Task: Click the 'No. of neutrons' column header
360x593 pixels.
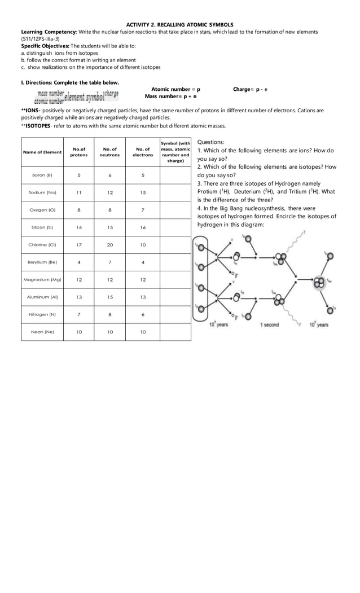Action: click(x=109, y=152)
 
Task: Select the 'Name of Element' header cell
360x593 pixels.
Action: click(x=42, y=152)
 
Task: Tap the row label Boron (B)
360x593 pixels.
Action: click(x=42, y=175)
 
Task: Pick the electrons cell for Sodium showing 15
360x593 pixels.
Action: click(x=143, y=192)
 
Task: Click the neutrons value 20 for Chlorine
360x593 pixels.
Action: click(x=109, y=245)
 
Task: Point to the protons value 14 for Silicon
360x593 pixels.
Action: click(x=78, y=227)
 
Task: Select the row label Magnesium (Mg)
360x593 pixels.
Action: click(x=42, y=279)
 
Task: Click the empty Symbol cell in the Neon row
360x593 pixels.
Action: click(x=175, y=332)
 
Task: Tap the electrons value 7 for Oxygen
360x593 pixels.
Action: click(x=143, y=210)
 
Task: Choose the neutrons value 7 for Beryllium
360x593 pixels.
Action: click(x=109, y=262)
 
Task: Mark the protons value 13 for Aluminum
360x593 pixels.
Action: click(x=78, y=297)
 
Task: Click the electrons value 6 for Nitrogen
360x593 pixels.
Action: click(x=143, y=314)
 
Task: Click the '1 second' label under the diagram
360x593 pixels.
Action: click(x=269, y=325)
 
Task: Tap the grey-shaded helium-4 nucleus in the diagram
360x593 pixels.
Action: click(x=320, y=280)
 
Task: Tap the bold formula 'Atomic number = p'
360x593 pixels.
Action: click(x=175, y=89)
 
